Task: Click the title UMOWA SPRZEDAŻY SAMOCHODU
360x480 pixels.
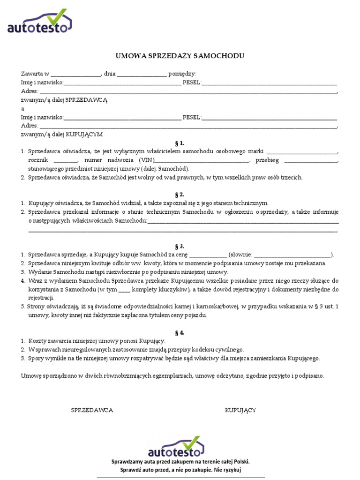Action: point(180,56)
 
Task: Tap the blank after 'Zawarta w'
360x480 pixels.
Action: point(75,74)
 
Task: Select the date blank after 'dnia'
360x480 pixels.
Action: point(142,74)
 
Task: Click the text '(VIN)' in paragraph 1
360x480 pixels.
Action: point(147,160)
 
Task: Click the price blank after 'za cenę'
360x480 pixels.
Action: point(209,255)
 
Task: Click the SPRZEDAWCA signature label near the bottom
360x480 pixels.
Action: point(92,410)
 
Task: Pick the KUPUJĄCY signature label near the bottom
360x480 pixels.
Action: point(240,410)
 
